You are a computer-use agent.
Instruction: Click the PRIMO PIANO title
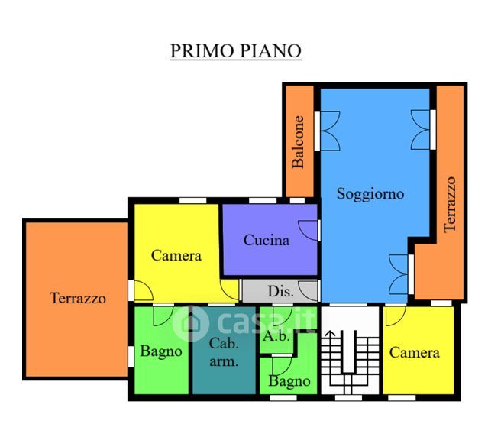(x=235, y=50)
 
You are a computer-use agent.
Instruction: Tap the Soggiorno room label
(x=370, y=195)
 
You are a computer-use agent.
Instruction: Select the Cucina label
(x=267, y=240)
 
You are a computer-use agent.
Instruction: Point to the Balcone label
(x=298, y=142)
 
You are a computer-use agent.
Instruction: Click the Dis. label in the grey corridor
(x=280, y=291)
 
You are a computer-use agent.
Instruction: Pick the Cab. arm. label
(x=224, y=352)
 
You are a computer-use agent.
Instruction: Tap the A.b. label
(x=276, y=336)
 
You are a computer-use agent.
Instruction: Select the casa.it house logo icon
(x=190, y=323)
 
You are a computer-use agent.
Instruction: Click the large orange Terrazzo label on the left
(x=78, y=298)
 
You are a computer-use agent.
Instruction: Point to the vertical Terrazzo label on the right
(x=450, y=205)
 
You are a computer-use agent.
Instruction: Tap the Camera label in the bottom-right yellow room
(x=414, y=353)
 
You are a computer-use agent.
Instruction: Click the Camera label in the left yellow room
(x=176, y=255)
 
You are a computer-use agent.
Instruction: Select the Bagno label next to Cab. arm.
(x=161, y=351)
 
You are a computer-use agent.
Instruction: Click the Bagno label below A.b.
(x=289, y=381)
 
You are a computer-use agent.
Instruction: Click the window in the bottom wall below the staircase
(x=348, y=398)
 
